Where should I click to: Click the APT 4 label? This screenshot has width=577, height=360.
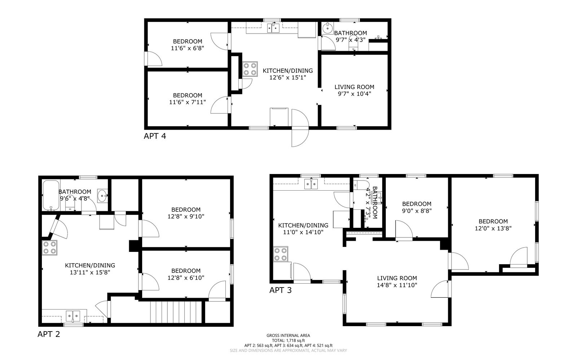point(155,136)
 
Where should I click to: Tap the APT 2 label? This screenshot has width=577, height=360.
point(49,334)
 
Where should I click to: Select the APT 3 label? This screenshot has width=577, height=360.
point(281,290)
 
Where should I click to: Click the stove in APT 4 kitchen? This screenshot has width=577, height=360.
point(250,69)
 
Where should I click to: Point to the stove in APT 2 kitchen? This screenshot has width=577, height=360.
point(49,248)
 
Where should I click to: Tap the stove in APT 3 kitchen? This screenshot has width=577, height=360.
point(281,254)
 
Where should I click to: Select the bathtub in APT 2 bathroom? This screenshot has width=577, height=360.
point(51,195)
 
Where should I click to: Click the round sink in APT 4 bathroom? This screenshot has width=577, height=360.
point(328,28)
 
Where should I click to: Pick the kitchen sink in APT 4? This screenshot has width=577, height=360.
point(273,28)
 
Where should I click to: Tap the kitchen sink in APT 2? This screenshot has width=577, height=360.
point(73,316)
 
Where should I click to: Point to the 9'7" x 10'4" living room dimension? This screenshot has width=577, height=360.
point(354,94)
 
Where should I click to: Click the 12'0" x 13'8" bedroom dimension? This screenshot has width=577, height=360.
point(493,228)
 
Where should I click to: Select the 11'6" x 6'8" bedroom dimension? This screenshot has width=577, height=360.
point(188,48)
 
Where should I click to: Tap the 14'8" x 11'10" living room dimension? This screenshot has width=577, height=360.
point(397,285)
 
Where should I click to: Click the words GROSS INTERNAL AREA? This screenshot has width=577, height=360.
point(288,335)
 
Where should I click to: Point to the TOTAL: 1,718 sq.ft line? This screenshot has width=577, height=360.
point(288,341)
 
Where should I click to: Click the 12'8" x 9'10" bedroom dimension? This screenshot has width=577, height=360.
point(186,217)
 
